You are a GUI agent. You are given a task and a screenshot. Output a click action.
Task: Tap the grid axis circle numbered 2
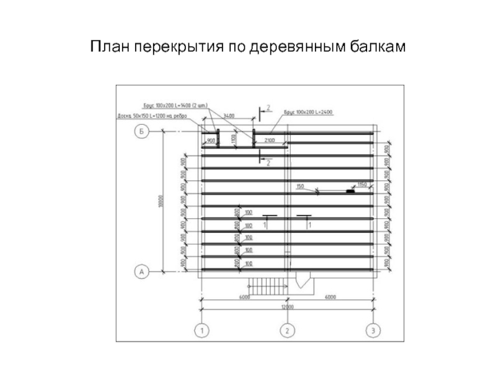click(x=286, y=330)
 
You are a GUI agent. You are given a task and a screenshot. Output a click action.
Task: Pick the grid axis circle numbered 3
click(x=373, y=330)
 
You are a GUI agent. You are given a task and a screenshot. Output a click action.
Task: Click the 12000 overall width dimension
click(x=286, y=306)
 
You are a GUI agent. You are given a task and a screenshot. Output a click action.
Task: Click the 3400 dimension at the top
click(x=229, y=116)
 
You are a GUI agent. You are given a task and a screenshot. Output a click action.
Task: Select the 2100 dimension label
click(x=270, y=141)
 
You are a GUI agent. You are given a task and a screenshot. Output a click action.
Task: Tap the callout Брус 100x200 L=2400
click(x=309, y=112)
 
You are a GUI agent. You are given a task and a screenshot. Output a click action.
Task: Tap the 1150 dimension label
click(x=362, y=185)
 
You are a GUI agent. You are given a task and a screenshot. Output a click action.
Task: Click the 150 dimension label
click(x=300, y=186)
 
